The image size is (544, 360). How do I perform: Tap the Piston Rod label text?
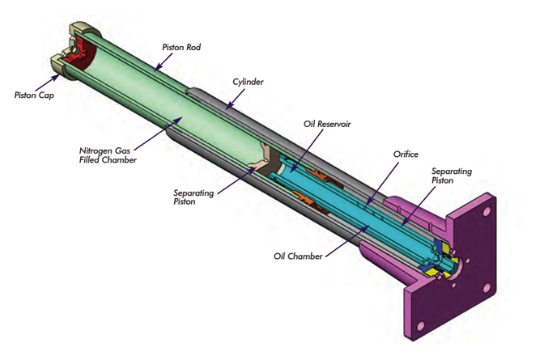[x=181, y=47]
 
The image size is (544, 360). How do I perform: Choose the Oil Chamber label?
[x=299, y=256]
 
